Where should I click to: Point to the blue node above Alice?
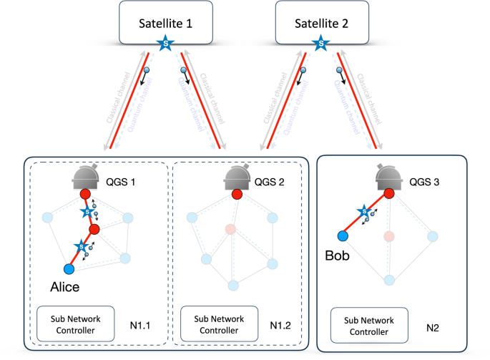click(69, 269)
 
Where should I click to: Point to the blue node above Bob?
click(342, 235)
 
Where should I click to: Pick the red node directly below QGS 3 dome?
click(388, 194)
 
